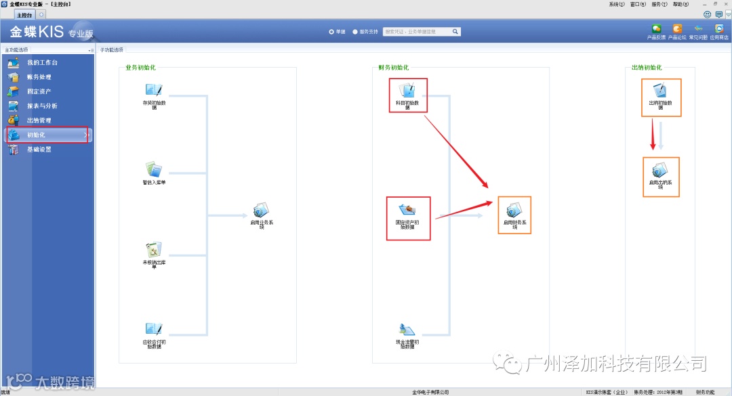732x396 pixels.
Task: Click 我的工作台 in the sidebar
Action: point(42,63)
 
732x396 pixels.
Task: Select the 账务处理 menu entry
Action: point(39,77)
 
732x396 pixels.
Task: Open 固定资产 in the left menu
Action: point(39,91)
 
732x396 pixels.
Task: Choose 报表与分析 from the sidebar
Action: point(42,106)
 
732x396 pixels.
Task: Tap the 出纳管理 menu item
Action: point(39,120)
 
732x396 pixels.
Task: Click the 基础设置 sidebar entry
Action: point(39,150)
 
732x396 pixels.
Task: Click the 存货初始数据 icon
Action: point(154,91)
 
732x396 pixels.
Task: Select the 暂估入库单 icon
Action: point(154,169)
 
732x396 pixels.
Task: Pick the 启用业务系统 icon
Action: point(261,211)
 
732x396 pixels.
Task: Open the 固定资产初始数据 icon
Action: point(408,210)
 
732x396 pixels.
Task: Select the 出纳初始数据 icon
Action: point(660,91)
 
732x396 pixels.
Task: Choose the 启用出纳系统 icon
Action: point(660,171)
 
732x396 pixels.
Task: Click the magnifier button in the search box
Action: point(456,31)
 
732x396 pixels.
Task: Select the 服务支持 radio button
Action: point(355,31)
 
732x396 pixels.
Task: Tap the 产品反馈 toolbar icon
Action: point(656,29)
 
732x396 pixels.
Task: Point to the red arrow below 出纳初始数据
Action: point(653,134)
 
